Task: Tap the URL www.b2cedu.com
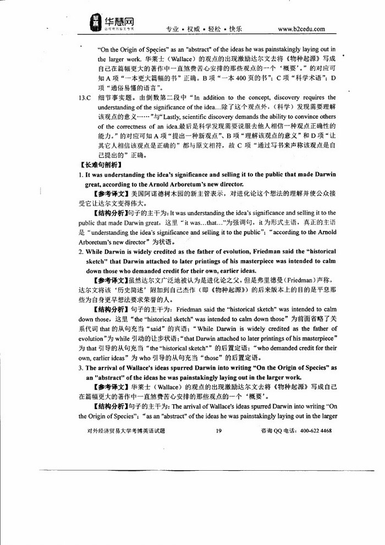click(x=301, y=29)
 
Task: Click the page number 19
click(x=219, y=431)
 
